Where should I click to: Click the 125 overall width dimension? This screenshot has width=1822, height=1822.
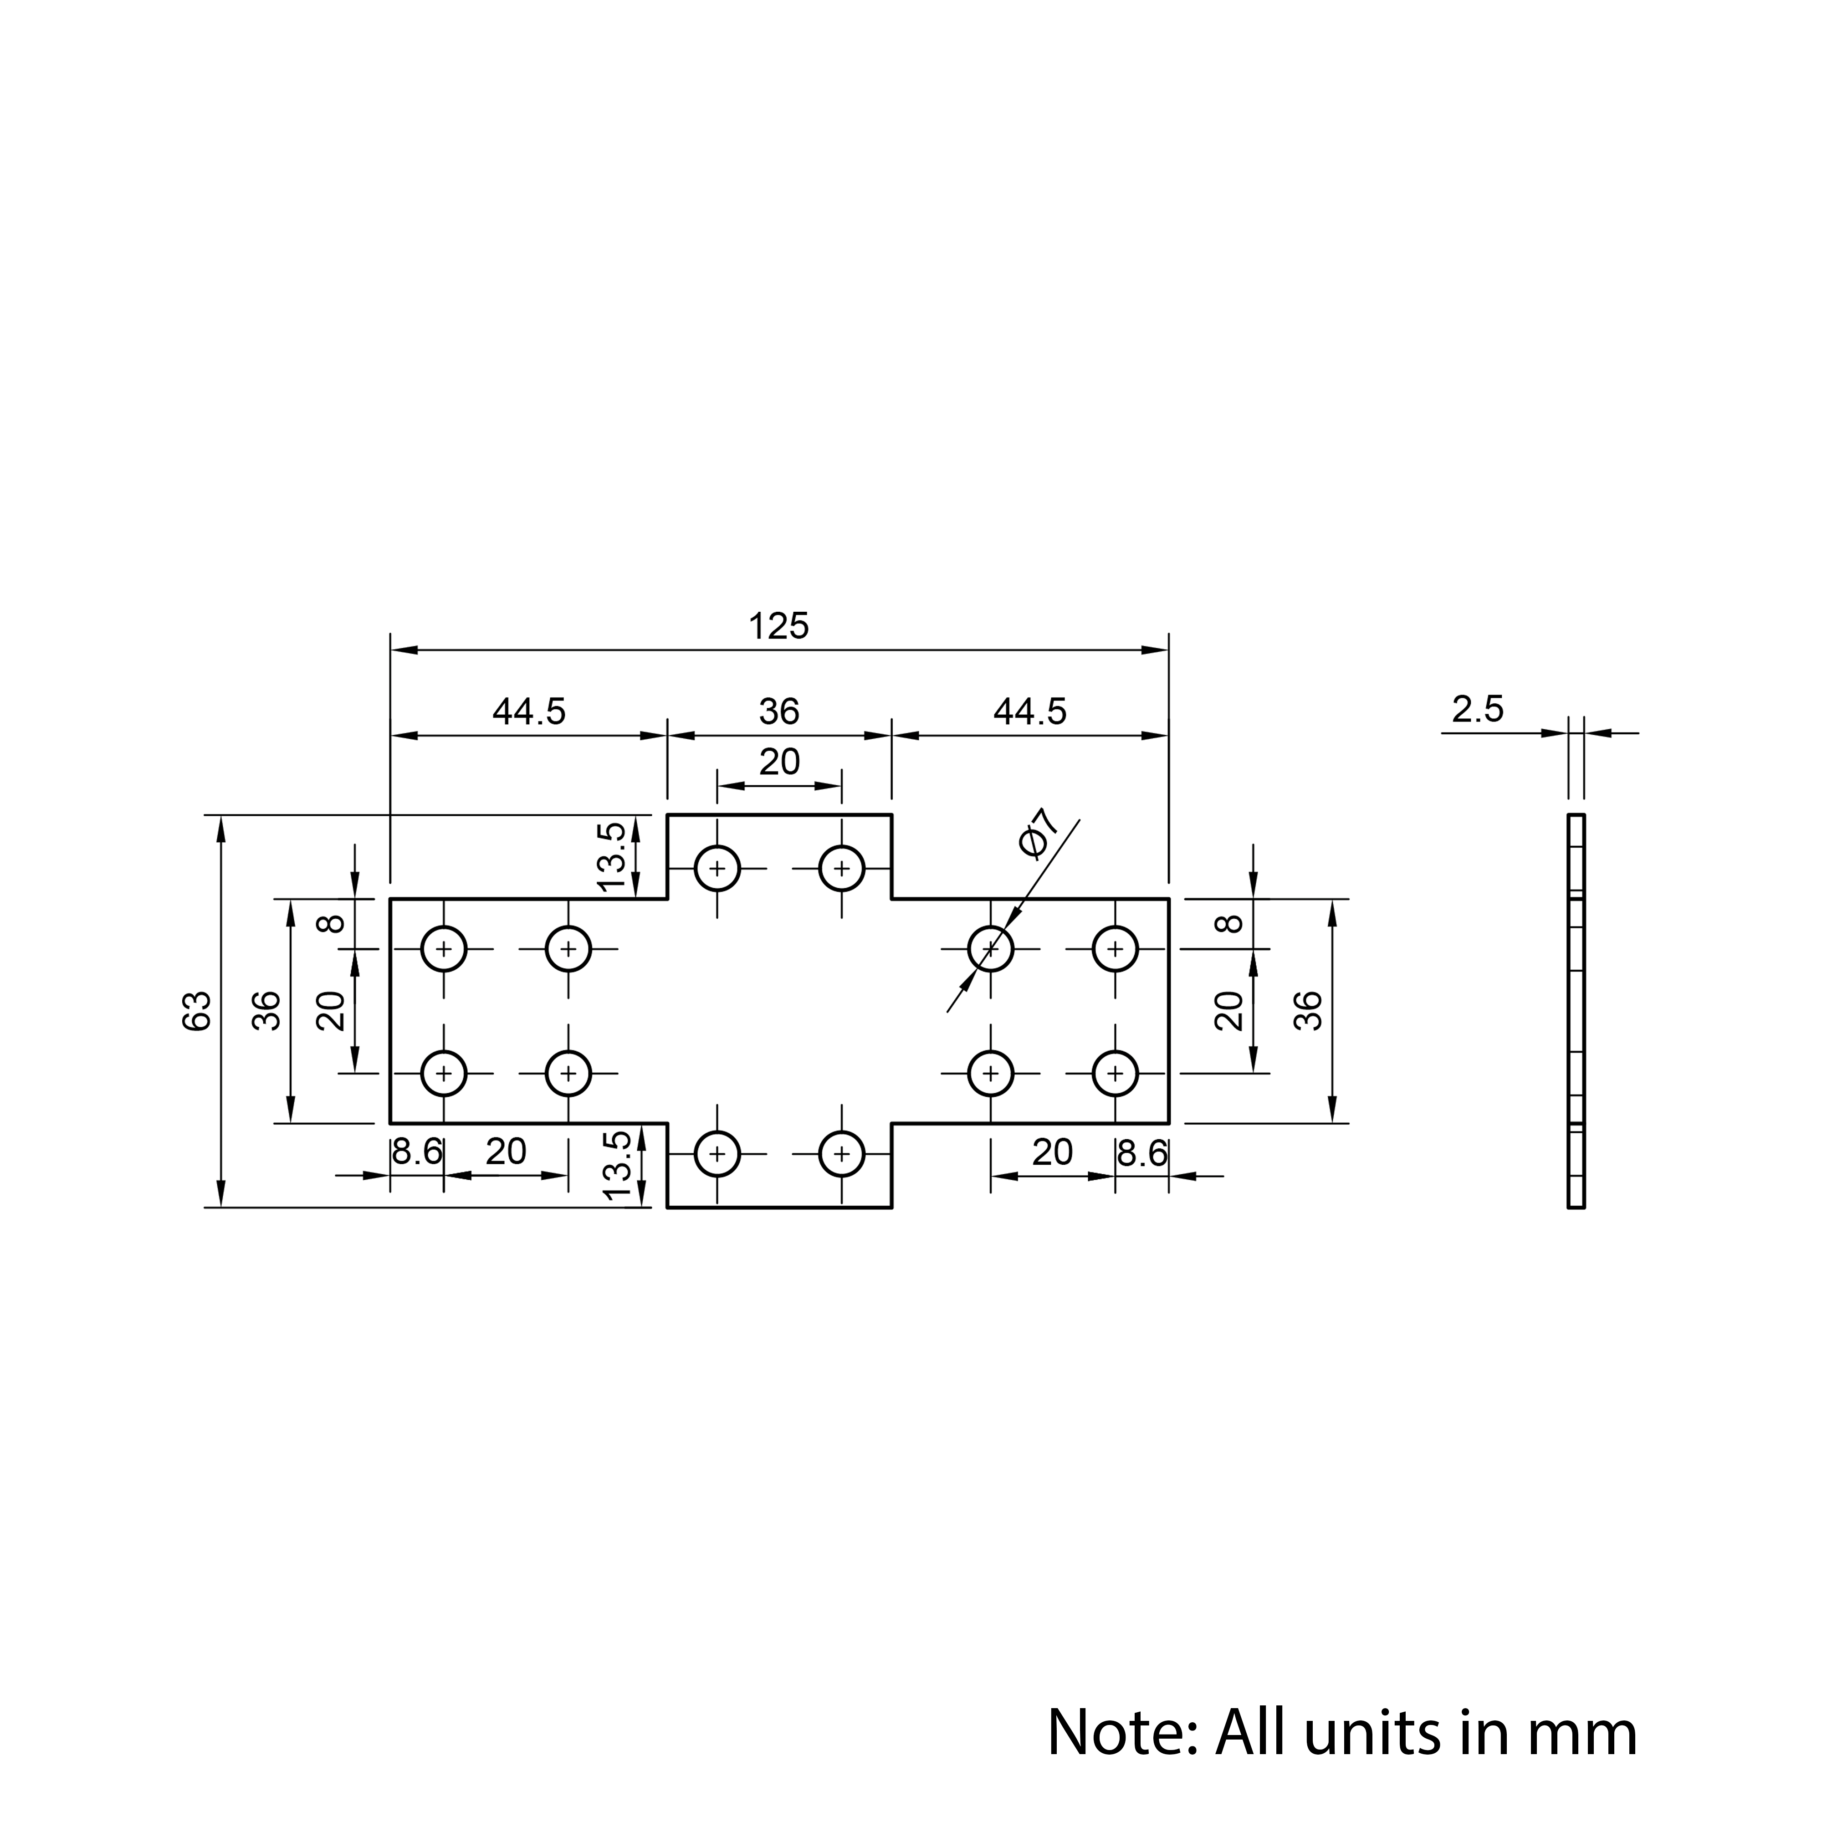point(779,626)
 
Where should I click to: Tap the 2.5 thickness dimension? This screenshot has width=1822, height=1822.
point(1478,709)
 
